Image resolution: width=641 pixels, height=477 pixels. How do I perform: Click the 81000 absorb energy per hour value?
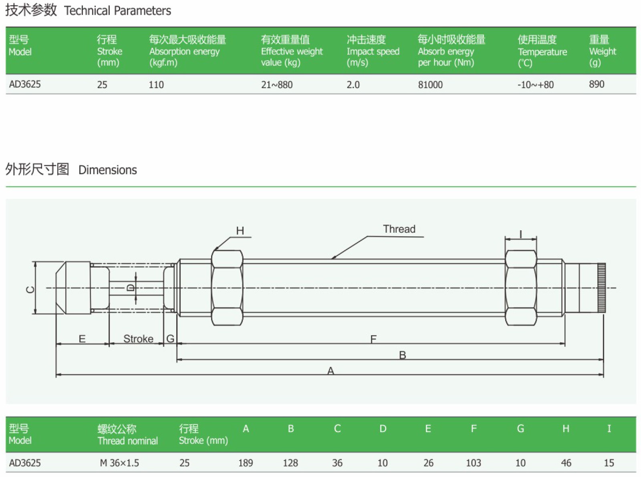pos(430,85)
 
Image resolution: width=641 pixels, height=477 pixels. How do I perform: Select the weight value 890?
pos(597,84)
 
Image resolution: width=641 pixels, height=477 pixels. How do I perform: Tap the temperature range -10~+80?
pos(536,85)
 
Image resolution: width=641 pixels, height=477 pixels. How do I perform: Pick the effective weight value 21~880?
pos(277,85)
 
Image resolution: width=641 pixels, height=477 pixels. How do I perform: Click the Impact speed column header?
pos(373,51)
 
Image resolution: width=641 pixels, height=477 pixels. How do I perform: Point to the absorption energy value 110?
pos(156,85)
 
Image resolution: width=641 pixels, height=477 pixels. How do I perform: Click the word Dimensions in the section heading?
pos(108,170)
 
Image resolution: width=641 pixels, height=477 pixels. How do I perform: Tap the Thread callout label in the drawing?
pos(399,229)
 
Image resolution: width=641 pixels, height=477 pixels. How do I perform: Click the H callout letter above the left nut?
pos(240,231)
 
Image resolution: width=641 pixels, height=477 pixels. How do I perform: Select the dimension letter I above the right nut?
pos(521,234)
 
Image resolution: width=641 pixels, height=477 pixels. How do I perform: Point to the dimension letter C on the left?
pos(30,290)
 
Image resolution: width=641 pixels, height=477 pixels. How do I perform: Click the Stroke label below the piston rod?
pos(138,339)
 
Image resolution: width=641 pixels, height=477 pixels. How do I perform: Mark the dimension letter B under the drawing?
pos(403,355)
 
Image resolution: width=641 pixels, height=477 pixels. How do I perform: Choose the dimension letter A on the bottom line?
pos(331,371)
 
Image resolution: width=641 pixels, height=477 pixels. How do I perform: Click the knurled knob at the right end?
pos(601,288)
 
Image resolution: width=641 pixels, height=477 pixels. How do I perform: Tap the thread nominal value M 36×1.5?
pos(119,463)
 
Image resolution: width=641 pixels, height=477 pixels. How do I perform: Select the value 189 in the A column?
pos(246,463)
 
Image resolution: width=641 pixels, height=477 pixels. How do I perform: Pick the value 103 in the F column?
pos(473,463)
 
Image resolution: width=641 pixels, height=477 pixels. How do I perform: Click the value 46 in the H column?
pos(566,463)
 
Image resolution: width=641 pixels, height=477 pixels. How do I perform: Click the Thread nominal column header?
pos(127,435)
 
